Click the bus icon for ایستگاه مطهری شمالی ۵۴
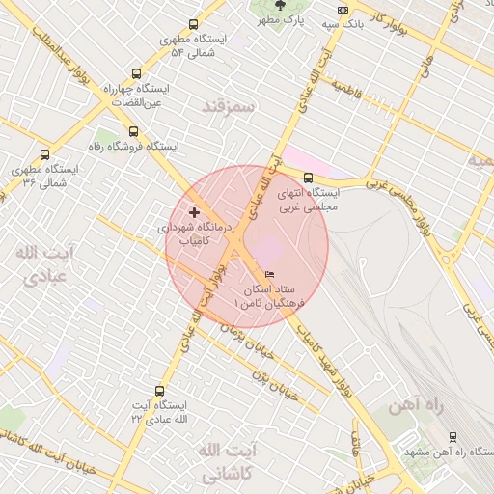(x=193, y=25)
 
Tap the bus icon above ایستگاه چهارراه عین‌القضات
(x=135, y=72)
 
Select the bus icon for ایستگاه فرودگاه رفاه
(x=133, y=132)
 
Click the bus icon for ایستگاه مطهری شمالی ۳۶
(x=44, y=154)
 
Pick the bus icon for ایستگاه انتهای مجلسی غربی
(x=308, y=178)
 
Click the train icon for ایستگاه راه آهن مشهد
(x=453, y=436)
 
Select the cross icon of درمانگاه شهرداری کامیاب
(x=195, y=211)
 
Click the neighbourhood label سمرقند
(x=229, y=106)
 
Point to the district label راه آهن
(x=415, y=407)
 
